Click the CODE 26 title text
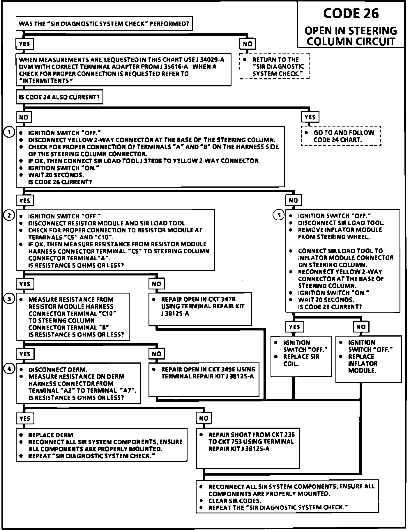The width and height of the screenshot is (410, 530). tap(351, 14)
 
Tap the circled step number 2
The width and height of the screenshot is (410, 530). tap(9, 216)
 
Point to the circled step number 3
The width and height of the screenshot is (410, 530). tap(9, 299)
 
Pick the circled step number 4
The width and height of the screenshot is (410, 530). tap(9, 369)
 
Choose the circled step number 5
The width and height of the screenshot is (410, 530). tap(279, 215)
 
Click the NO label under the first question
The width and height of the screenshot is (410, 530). tap(248, 44)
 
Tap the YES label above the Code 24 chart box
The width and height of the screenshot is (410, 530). tap(310, 117)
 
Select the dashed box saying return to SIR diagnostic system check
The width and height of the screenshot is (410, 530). tap(274, 66)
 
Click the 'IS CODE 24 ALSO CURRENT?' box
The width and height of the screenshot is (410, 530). tap(59, 97)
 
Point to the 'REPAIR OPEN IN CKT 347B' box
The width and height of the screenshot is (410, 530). tap(200, 309)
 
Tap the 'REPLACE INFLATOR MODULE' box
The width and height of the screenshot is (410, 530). tap(369, 359)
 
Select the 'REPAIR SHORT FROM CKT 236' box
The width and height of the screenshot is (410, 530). tap(248, 448)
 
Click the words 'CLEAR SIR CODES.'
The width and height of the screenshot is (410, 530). tap(235, 501)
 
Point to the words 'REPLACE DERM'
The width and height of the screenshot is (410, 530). tap(50, 435)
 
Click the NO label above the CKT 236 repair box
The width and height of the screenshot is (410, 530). tap(204, 418)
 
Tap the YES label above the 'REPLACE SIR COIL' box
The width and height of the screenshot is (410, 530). tap(294, 327)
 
